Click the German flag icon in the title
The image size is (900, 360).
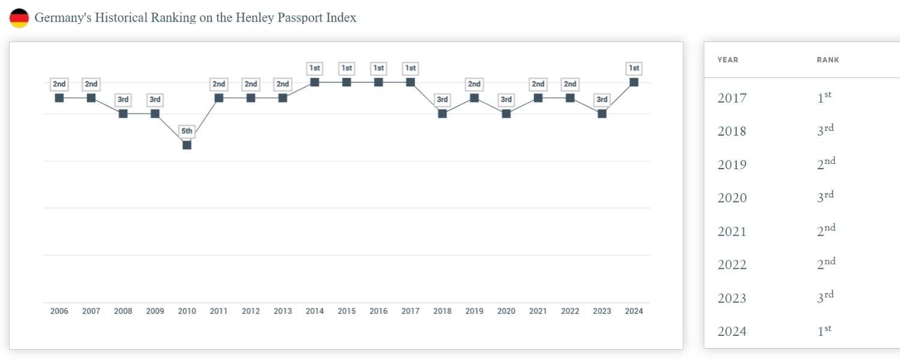tap(19, 18)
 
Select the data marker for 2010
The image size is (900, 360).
tap(187, 145)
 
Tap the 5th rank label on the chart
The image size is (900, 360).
tap(187, 131)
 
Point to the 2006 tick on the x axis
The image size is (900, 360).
tap(59, 311)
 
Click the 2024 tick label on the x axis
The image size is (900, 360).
tap(634, 311)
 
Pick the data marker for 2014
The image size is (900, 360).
tap(314, 82)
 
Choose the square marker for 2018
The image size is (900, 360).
tap(442, 113)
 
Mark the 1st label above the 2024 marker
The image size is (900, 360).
tap(634, 68)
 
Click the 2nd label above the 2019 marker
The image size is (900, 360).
tap(474, 84)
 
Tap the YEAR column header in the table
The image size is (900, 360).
tap(728, 60)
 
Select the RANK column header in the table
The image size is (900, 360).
tap(828, 60)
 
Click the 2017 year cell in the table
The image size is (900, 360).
tap(732, 98)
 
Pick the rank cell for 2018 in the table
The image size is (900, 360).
tap(826, 131)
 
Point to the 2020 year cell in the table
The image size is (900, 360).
tap(732, 198)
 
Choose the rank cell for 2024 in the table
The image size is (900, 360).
tap(824, 331)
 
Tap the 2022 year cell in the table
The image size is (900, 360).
tap(732, 265)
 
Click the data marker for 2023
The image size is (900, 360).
tap(602, 113)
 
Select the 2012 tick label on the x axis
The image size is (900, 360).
tap(251, 311)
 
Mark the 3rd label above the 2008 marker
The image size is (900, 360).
tap(123, 100)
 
